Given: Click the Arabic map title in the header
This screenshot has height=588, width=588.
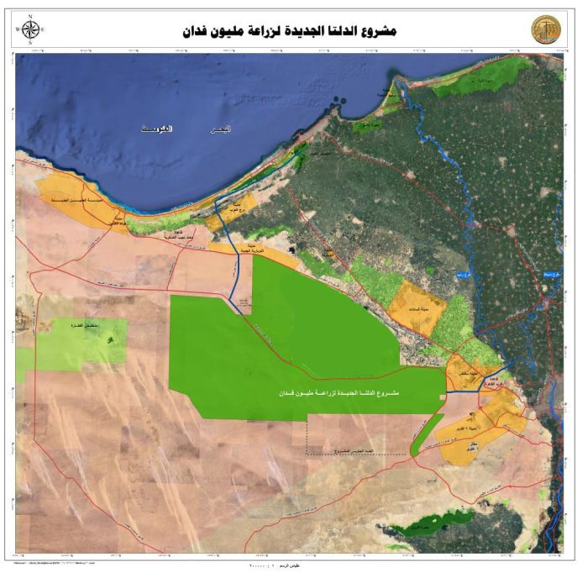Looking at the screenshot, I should pos(289,31).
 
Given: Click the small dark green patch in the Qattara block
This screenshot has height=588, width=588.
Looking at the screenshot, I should pos(109,339).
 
